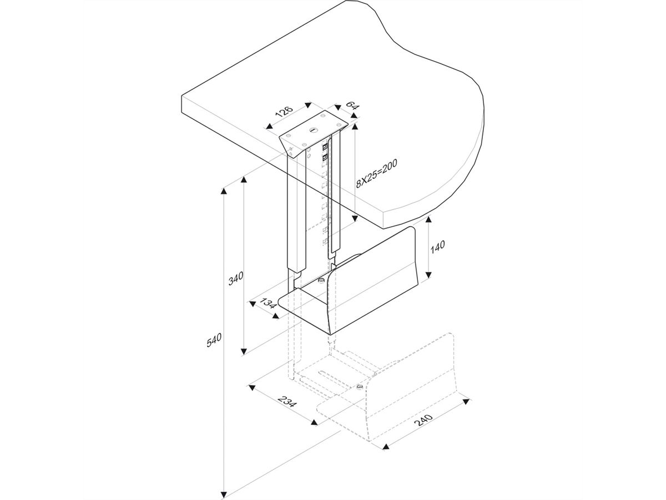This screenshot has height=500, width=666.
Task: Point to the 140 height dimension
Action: (x=438, y=247)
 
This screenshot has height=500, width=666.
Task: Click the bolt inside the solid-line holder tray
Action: (x=320, y=281)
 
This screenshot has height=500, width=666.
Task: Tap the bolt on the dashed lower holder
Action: (x=360, y=387)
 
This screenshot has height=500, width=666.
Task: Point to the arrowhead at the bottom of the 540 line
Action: (x=224, y=493)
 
